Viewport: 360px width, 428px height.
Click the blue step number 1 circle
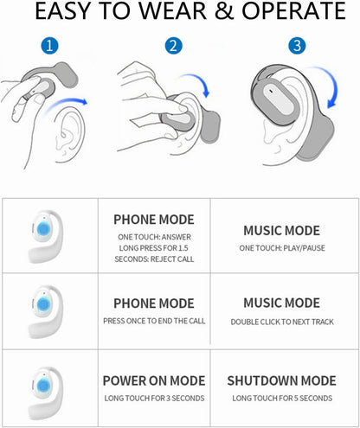[x=49, y=46]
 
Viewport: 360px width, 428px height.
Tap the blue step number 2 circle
[x=173, y=46]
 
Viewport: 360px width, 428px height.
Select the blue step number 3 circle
[x=297, y=46]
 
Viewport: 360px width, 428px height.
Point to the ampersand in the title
[x=224, y=11]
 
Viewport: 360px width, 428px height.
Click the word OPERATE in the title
[x=293, y=11]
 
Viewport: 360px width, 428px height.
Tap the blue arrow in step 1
[x=66, y=105]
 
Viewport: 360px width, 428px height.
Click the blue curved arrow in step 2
[x=197, y=83]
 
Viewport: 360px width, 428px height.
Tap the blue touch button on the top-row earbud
[x=44, y=229]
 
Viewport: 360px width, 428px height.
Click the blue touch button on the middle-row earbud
[x=44, y=304]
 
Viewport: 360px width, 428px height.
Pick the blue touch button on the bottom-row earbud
[x=44, y=386]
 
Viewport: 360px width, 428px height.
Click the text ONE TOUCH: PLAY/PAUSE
[x=282, y=248]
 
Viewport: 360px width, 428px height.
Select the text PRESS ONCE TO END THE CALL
[x=154, y=321]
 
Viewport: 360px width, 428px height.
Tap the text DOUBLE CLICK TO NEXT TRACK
[x=282, y=322]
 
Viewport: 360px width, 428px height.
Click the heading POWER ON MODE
[x=154, y=380]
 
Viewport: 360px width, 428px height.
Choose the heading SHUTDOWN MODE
[x=282, y=380]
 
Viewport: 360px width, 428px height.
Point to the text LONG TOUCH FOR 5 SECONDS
[x=282, y=399]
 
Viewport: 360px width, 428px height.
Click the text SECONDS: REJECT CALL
[x=154, y=259]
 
